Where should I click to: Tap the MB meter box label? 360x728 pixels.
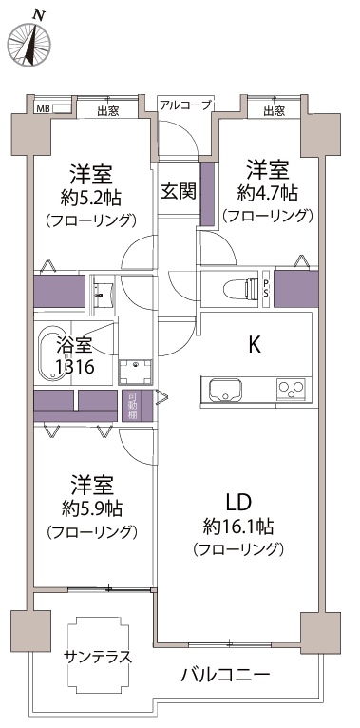43,109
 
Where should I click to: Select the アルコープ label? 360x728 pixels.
186,105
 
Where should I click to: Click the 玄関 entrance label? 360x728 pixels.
180,190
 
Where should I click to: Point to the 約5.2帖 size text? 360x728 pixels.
91,199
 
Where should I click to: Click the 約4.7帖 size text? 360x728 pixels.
267,193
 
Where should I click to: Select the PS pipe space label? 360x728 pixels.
266,289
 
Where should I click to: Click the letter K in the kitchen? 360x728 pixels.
254,345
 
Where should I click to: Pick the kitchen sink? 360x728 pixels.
226,389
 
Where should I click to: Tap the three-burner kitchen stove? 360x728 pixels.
292,388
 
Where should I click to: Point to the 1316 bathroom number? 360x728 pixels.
75,367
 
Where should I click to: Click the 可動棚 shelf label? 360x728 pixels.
132,406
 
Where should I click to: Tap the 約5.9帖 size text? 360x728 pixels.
92,509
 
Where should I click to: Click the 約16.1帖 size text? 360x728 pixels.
237,527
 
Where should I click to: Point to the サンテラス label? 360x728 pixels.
99,657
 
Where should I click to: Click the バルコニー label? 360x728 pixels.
225,674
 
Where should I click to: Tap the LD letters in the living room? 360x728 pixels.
238,502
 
